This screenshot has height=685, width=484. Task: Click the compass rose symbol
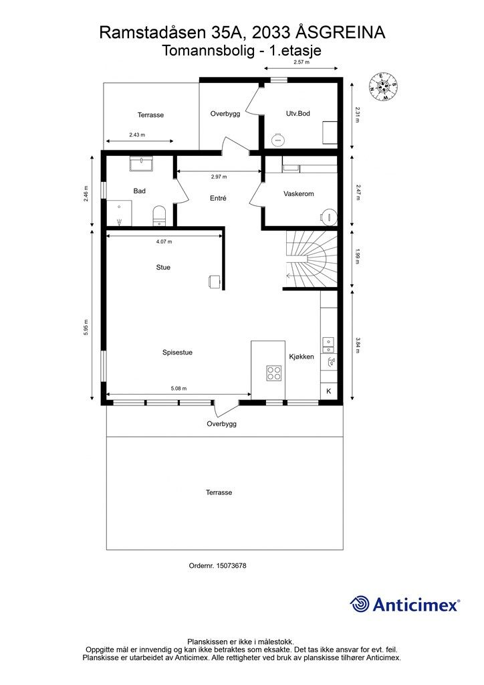[383, 86]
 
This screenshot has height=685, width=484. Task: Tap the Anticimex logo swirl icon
[360, 604]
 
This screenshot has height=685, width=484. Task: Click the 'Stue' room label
[162, 268]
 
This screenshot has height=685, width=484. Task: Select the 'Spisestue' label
[177, 353]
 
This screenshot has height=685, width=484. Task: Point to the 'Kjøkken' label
[301, 357]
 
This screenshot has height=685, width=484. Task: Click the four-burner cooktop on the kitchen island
[274, 373]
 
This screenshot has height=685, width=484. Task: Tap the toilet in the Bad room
[159, 215]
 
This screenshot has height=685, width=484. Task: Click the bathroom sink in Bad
[141, 164]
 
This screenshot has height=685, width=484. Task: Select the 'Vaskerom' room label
[298, 194]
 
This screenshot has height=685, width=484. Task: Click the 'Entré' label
[218, 198]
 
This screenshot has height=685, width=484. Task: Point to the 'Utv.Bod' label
[297, 114]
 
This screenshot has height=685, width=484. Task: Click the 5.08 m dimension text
[178, 388]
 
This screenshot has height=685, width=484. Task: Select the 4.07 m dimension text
[164, 241]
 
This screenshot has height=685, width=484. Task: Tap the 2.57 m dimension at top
[303, 62]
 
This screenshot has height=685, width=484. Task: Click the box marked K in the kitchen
[328, 391]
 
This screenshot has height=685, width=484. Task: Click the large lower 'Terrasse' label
[219, 492]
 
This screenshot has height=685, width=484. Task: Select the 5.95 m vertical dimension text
[86, 328]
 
